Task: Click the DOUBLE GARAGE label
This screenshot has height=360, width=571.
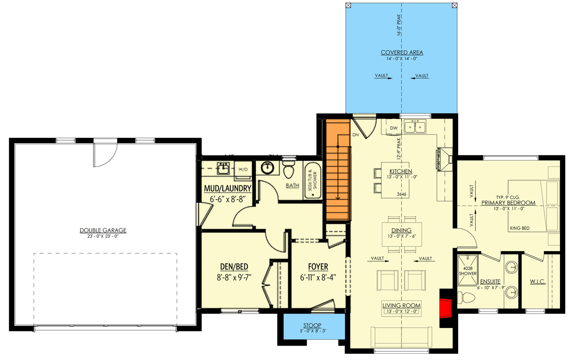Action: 103,230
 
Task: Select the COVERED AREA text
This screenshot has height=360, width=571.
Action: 402,52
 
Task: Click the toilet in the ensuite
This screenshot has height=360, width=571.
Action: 466,298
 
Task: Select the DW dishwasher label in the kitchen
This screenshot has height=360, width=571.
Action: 394,128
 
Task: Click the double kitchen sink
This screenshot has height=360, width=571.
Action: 415,127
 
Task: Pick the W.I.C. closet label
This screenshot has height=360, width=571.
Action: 537,282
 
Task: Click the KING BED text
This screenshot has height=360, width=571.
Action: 520,228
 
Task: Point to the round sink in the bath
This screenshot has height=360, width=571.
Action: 268,167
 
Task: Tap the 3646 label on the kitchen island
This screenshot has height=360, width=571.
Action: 402,195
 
